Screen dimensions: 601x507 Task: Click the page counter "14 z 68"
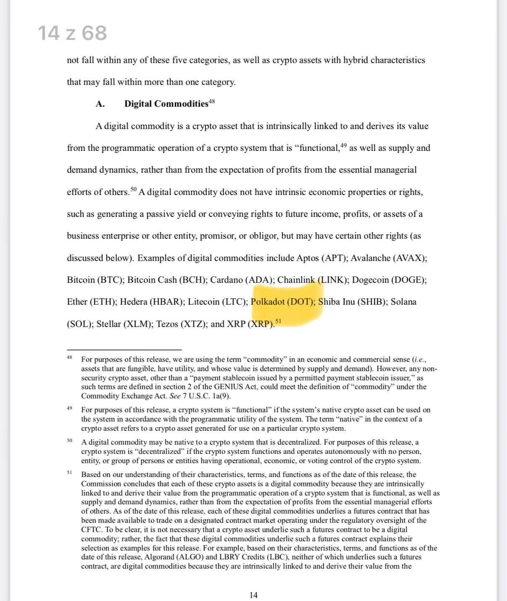(x=72, y=33)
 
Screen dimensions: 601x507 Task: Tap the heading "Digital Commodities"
(x=166, y=104)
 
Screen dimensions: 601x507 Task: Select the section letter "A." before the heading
(x=100, y=104)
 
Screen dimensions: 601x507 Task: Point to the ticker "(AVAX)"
(x=409, y=258)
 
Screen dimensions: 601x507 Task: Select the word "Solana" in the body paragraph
(x=403, y=302)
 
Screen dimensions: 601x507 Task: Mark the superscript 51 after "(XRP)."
(x=278, y=322)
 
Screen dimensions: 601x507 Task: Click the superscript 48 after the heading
(x=212, y=101)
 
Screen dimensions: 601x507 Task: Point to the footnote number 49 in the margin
(x=69, y=408)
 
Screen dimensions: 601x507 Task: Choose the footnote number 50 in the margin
(x=69, y=440)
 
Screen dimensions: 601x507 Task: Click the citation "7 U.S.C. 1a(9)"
(x=206, y=396)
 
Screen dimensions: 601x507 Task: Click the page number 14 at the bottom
(x=253, y=595)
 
